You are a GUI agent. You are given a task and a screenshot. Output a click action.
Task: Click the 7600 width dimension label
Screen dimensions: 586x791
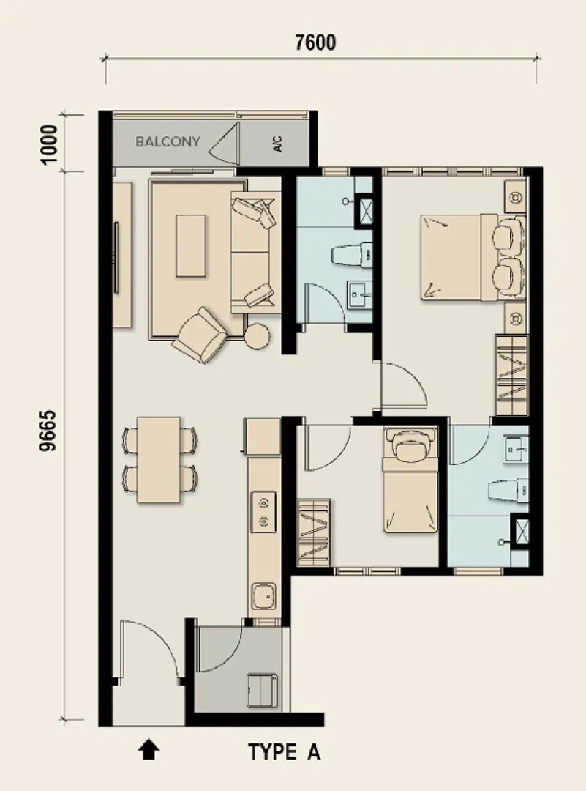tap(315, 42)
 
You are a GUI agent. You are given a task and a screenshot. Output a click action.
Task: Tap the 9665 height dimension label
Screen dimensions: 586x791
tap(48, 431)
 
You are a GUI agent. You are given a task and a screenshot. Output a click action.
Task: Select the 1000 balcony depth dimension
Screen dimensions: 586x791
tap(50, 144)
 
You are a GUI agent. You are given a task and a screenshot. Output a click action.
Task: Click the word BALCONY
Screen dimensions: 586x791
tap(168, 142)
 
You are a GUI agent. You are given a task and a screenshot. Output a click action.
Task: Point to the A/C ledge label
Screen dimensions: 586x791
tap(277, 144)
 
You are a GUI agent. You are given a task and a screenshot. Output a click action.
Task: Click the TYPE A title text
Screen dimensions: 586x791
tap(284, 752)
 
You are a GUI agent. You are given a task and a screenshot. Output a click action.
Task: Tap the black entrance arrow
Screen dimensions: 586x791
tap(149, 749)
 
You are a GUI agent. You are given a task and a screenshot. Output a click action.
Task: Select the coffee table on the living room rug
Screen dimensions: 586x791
tap(191, 245)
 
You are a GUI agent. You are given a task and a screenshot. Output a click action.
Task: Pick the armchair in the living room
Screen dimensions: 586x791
tap(199, 335)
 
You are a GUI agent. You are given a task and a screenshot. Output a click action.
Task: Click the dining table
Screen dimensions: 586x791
tap(158, 459)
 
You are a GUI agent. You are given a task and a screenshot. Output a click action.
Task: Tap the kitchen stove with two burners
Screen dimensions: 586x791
tap(263, 511)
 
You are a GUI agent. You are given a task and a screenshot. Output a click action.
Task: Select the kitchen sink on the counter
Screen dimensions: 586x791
tap(264, 596)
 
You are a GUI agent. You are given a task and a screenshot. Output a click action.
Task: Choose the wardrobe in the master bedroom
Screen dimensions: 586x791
tap(511, 375)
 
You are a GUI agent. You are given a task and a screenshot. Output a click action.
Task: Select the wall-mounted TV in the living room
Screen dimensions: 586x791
tap(116, 258)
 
